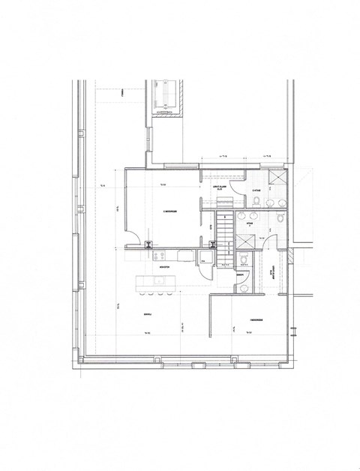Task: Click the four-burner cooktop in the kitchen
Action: coord(159,256)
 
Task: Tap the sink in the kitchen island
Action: coord(159,281)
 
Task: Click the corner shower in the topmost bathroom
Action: coord(276,177)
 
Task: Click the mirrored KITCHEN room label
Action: coord(159,266)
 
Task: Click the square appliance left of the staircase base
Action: coord(205,259)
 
